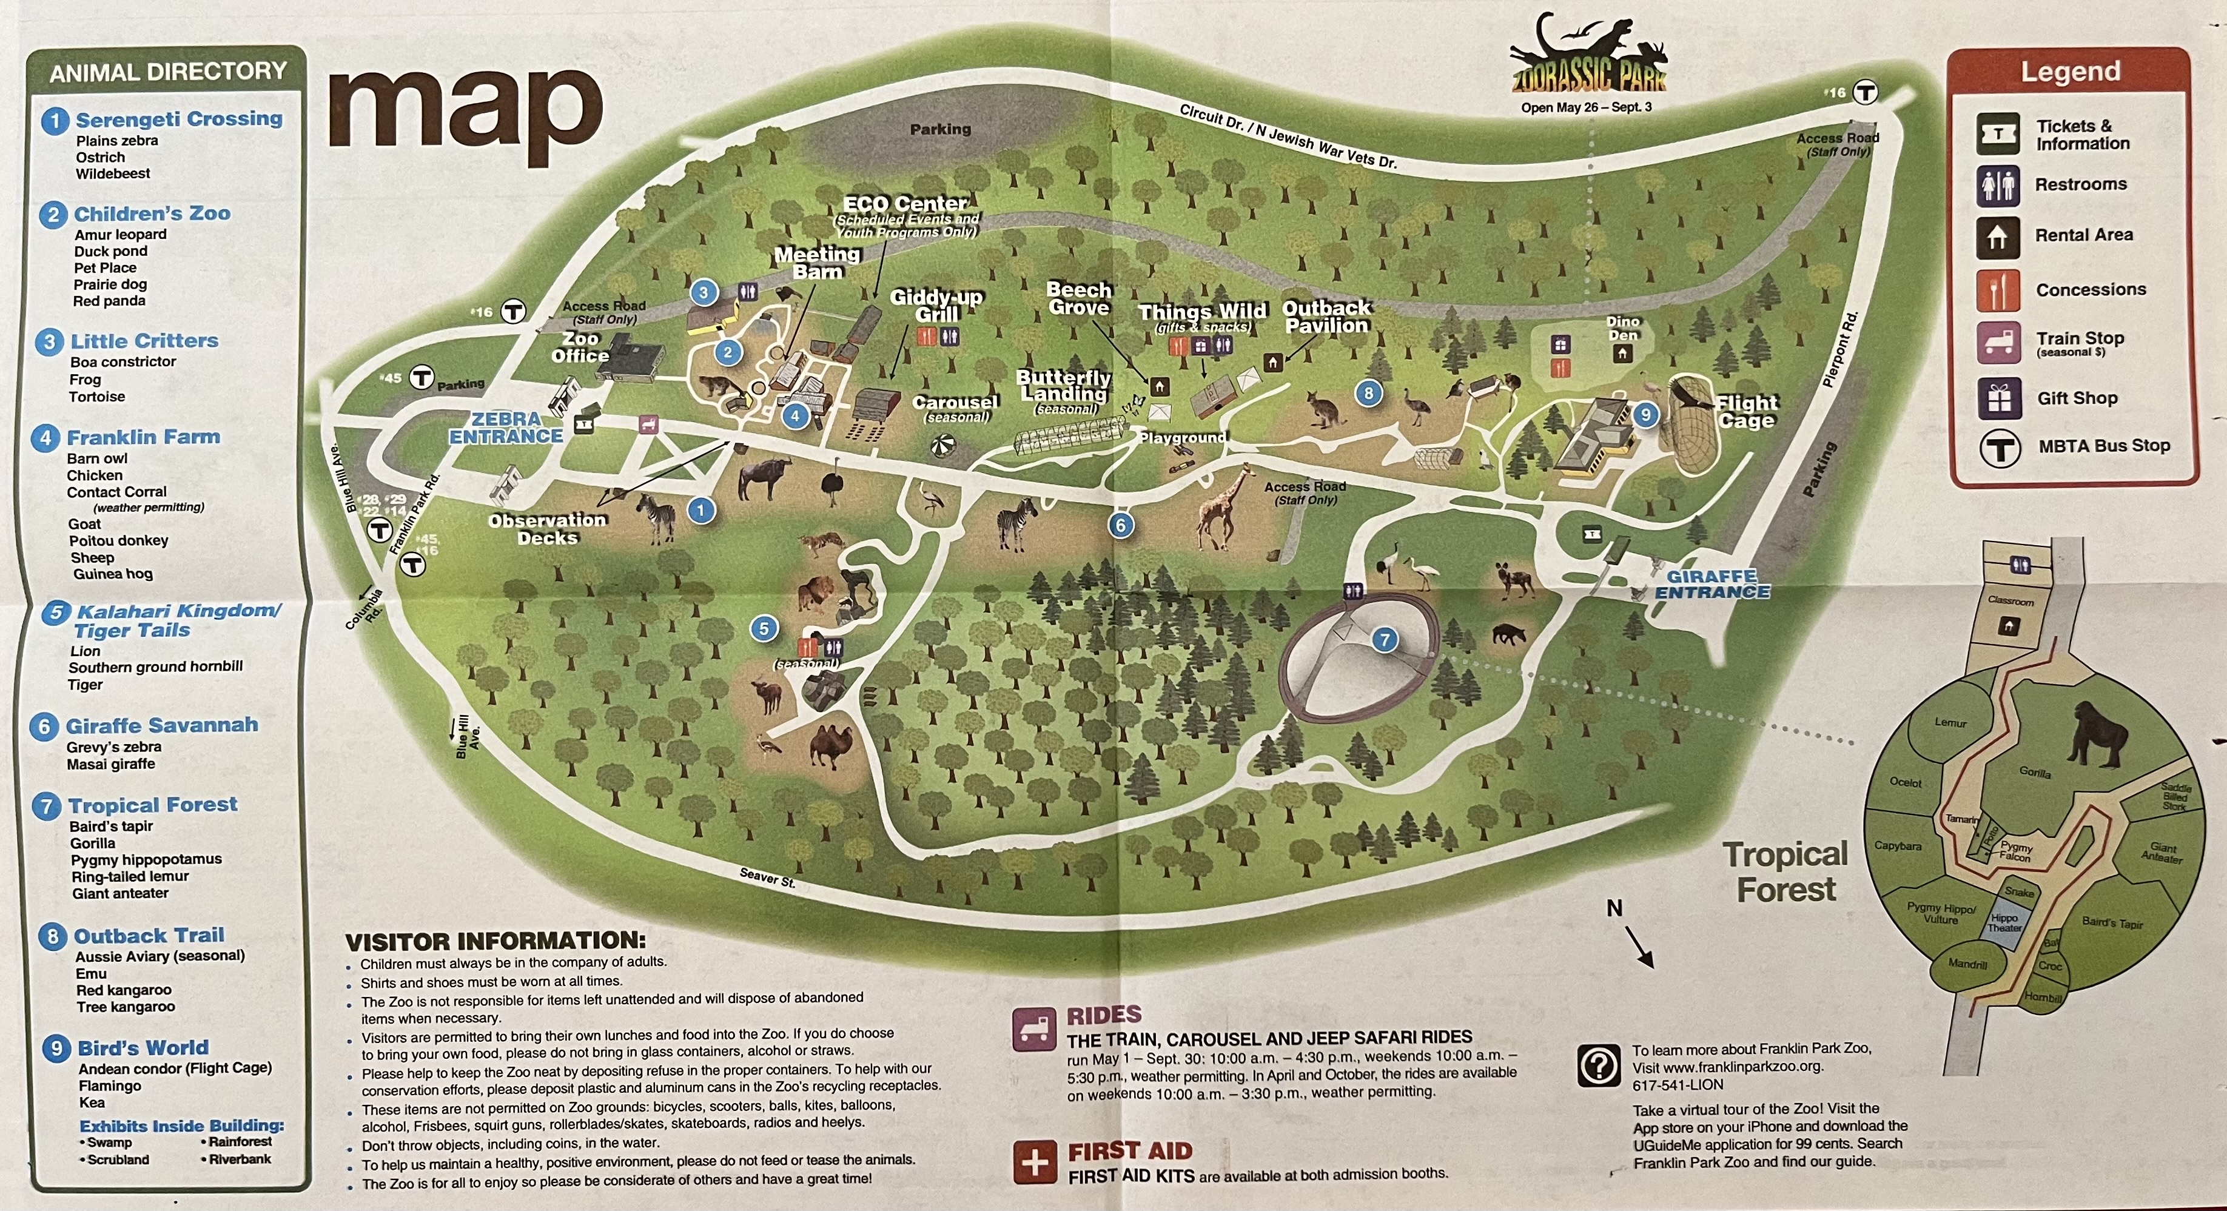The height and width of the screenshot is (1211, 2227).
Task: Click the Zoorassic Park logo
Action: [x=1587, y=61]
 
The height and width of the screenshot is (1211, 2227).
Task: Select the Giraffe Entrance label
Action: [x=1711, y=585]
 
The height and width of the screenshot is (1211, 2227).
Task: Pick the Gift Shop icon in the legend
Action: [x=1998, y=398]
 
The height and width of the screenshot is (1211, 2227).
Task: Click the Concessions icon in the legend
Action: [x=1998, y=290]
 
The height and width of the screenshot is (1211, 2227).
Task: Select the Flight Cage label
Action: [x=1746, y=411]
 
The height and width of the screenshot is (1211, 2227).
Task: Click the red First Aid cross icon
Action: [x=1035, y=1162]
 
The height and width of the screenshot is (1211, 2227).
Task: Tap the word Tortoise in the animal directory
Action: [x=97, y=397]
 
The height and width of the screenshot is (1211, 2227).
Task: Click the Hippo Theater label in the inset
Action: [x=2004, y=923]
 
